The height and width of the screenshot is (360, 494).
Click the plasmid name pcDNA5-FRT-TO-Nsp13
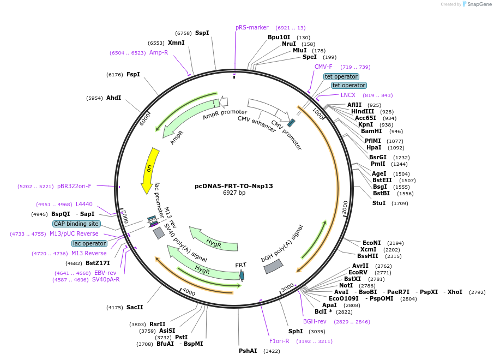coord(234,186)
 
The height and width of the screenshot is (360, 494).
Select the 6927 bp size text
coord(234,193)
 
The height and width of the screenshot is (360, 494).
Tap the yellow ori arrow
coord(148,170)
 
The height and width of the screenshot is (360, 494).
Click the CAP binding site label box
coord(76,224)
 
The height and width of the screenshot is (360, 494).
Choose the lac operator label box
coord(89,243)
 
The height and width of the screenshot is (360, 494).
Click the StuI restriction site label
coord(378,203)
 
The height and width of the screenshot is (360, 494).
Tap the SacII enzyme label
coord(135,308)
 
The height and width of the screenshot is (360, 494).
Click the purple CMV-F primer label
coord(323,67)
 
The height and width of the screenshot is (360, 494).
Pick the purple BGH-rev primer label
coord(315,321)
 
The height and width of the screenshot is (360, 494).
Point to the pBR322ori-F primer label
coord(74,186)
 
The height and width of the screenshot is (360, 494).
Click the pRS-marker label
coord(252,27)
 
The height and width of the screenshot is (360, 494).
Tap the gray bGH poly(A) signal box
coord(273,266)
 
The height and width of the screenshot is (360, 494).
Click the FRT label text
coord(240,265)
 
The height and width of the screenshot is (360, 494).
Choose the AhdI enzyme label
coord(113,98)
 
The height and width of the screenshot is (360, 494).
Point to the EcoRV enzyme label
coord(358,272)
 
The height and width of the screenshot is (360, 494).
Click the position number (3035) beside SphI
coord(317,331)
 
